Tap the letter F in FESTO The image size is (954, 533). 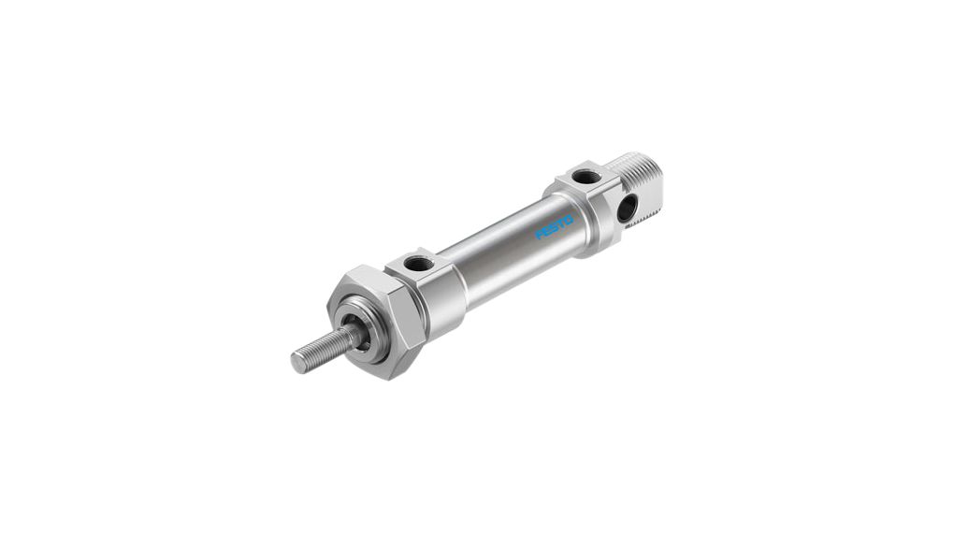tap(540, 236)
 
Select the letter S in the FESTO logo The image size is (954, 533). tap(555, 226)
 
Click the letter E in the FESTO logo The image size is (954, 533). tap(547, 231)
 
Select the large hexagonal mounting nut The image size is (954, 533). tap(374, 318)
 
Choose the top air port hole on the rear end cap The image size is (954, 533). tap(585, 176)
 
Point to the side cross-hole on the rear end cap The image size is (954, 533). tap(626, 208)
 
